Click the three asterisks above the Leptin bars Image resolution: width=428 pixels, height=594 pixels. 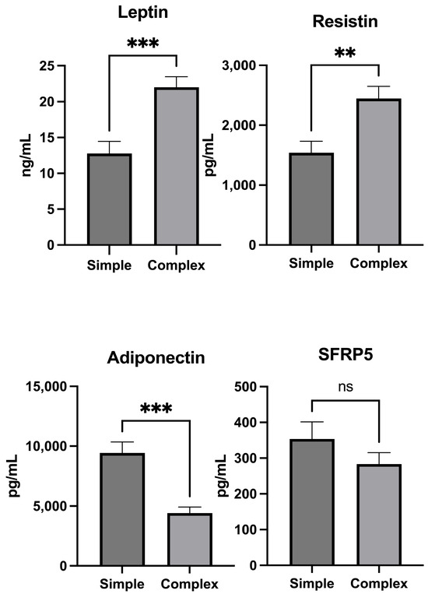click(142, 43)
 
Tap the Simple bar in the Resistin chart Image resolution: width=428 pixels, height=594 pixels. click(311, 199)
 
